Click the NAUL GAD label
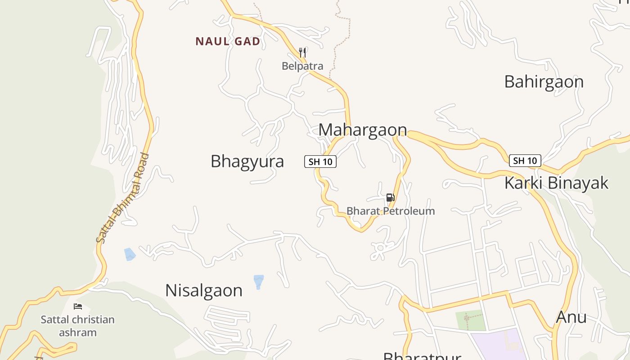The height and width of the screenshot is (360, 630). (228, 41)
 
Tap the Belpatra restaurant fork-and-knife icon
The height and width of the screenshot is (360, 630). (302, 53)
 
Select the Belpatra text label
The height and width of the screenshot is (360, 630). (302, 66)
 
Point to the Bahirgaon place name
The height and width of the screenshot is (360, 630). (544, 82)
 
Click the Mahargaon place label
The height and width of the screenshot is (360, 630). (362, 130)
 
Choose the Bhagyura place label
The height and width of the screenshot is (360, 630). (247, 161)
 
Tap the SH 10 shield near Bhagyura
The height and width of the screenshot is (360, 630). (320, 162)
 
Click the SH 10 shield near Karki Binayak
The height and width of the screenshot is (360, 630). (525, 161)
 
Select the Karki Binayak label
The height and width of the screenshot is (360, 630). (556, 183)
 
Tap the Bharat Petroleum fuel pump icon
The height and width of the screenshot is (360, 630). (390, 197)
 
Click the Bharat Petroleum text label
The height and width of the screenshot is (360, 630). (391, 211)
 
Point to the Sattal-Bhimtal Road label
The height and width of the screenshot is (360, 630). (123, 198)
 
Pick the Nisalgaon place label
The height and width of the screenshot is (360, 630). (204, 291)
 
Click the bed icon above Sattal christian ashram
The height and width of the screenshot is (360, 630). (78, 306)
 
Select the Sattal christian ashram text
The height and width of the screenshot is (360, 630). (77, 326)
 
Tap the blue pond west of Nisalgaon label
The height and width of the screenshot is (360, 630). (130, 254)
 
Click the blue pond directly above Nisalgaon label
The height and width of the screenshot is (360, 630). (258, 281)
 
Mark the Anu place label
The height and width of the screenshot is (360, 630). (571, 317)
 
